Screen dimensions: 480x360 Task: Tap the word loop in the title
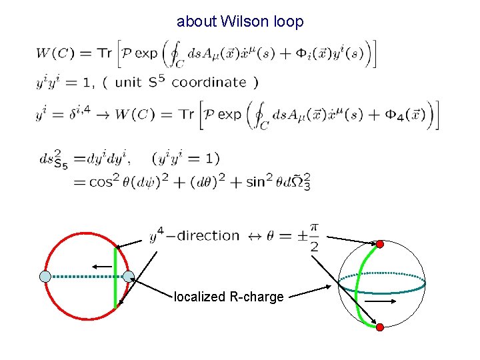(288, 22)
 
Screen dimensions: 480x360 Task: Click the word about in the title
(197, 22)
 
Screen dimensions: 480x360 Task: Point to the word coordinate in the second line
(209, 83)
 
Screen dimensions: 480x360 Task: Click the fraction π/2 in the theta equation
(314, 238)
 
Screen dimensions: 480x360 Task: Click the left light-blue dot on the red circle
(45, 276)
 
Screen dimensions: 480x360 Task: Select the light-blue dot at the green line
(129, 276)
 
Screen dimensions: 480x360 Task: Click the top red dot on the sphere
(380, 244)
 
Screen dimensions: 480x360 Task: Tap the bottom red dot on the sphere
(380, 327)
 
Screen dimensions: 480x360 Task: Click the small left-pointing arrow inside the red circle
(102, 266)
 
